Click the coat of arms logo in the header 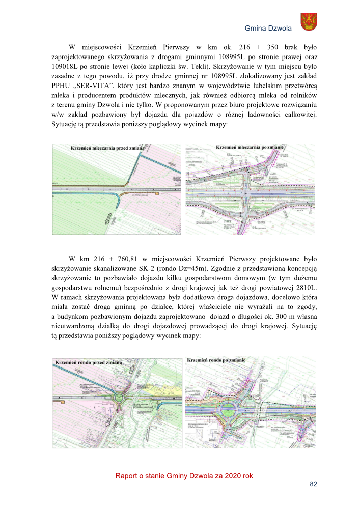(309, 23)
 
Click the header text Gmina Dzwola (268, 28)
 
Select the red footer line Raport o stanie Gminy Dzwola (184, 475)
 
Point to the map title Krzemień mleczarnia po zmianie (250, 148)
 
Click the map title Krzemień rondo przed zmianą (88, 362)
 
